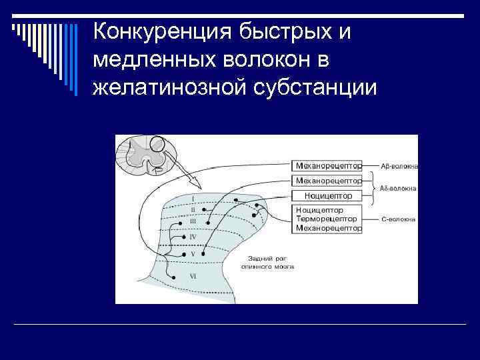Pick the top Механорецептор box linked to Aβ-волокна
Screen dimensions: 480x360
328,164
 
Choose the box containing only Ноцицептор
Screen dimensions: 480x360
328,195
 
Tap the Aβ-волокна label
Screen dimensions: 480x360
399,165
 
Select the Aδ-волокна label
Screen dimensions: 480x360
399,189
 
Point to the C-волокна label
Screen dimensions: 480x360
399,219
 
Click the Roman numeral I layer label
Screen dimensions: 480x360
193,198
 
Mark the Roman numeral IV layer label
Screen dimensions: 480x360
193,237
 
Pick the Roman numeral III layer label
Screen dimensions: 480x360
193,221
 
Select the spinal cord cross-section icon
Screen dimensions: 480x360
141,155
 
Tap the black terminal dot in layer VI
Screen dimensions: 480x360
172,277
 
